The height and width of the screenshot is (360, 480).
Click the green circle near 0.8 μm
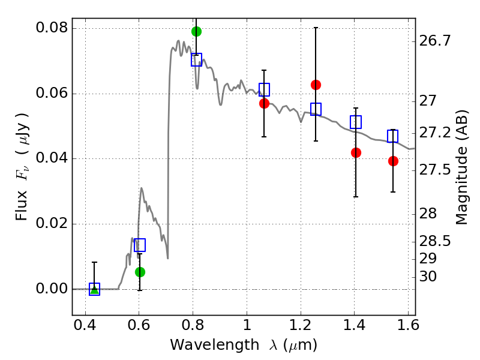[197, 31]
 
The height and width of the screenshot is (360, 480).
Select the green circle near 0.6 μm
[140, 272]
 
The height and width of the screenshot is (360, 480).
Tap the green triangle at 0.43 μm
[95, 289]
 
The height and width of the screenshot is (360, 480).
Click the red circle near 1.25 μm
[316, 85]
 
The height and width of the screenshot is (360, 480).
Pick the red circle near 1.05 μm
[264, 103]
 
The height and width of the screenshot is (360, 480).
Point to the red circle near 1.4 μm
[356, 152]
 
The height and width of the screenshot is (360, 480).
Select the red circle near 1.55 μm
[393, 161]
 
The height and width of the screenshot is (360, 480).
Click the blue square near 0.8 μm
[197, 59]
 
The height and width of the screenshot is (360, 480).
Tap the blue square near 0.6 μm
[140, 245]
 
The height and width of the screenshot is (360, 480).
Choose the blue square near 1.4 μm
[356, 122]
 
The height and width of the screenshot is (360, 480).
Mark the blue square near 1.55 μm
[393, 136]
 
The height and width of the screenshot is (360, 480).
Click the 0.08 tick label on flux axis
[52, 28]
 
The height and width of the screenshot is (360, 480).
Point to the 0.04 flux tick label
[52, 158]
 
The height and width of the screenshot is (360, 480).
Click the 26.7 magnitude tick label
[434, 41]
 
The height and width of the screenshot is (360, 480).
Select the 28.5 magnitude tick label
[434, 242]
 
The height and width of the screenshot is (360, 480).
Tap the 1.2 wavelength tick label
[301, 325]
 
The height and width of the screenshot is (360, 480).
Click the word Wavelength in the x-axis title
[215, 346]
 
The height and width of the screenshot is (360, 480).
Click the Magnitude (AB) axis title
[461, 167]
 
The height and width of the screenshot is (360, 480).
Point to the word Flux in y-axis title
[21, 206]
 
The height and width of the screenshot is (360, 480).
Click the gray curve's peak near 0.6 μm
[141, 188]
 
